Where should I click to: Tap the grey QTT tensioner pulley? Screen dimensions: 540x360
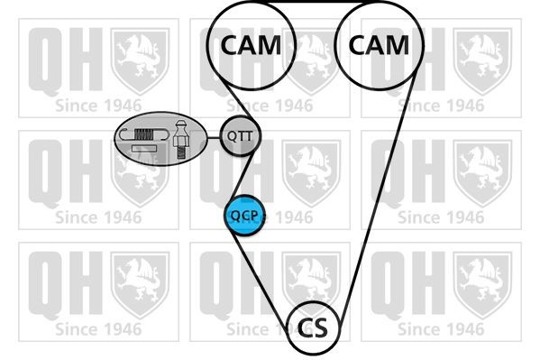pyautogui.click(x=241, y=136)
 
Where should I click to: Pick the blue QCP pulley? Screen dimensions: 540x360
pyautogui.click(x=244, y=216)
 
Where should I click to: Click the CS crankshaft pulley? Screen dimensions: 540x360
pyautogui.click(x=313, y=328)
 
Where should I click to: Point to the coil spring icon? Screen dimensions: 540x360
pyautogui.click(x=143, y=134)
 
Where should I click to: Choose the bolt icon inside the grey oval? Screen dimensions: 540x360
pyautogui.click(x=180, y=139)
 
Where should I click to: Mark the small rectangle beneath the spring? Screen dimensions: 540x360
pyautogui.click(x=144, y=149)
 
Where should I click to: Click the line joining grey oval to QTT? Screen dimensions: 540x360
pyautogui.click(x=214, y=137)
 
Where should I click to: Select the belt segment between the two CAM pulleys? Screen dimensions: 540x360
pyautogui.click(x=316, y=2)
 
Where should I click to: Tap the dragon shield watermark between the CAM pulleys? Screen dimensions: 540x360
pyautogui.click(x=312, y=62)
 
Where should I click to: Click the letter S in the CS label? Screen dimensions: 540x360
pyautogui.click(x=320, y=328)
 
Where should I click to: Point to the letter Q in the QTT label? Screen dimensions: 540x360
pyautogui.click(x=232, y=136)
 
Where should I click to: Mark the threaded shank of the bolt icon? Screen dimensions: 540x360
pyautogui.click(x=180, y=152)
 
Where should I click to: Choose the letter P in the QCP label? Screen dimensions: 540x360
pyautogui.click(x=253, y=215)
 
